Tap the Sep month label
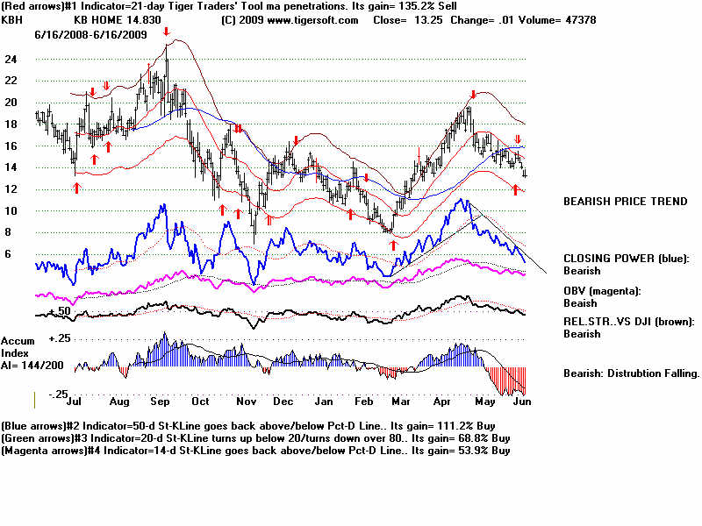coord(160,402)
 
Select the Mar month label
coord(400,402)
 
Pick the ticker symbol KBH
coord(12,18)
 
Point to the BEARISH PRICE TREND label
coord(625,202)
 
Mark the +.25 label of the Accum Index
coord(59,338)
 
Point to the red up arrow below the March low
coord(392,245)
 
